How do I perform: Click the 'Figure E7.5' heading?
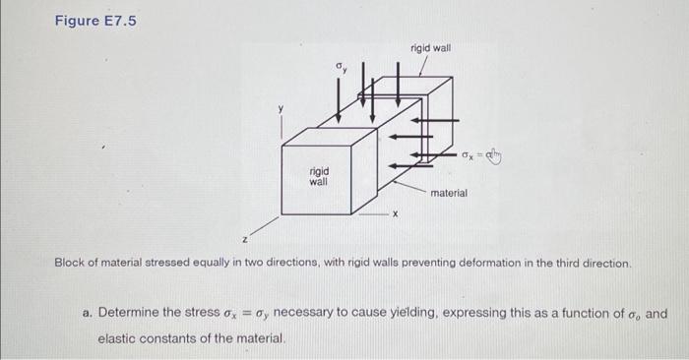95,18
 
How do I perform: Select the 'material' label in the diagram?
448,194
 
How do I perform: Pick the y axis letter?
280,108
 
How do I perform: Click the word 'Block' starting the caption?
72,264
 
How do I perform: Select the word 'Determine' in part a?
131,314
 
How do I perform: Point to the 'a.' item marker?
88,314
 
